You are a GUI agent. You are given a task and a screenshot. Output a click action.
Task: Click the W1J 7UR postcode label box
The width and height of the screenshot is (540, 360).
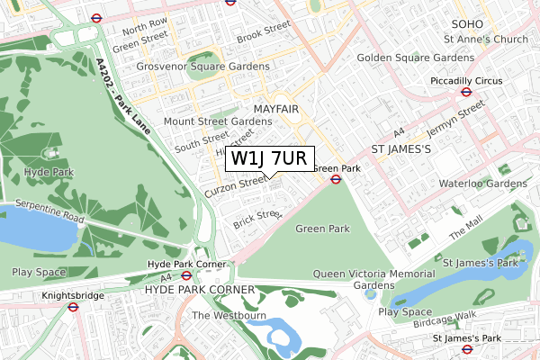pyautogui.click(x=271, y=159)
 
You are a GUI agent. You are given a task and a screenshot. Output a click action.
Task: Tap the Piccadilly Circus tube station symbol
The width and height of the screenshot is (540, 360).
pyautogui.click(x=467, y=91)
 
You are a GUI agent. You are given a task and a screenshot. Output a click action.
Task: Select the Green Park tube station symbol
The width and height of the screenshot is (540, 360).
pyautogui.click(x=335, y=179)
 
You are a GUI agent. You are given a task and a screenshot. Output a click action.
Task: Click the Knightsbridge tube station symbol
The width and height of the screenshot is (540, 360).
pyautogui.click(x=74, y=306)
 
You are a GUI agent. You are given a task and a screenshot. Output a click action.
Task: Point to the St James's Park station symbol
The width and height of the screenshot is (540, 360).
pyautogui.click(x=467, y=349)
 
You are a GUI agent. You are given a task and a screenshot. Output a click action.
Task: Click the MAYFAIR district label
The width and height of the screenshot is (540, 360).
pyautogui.click(x=275, y=109)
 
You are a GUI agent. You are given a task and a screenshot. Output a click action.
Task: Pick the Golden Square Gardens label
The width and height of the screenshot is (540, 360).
pyautogui.click(x=415, y=58)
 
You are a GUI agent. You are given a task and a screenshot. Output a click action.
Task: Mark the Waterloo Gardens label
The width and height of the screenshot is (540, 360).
pyautogui.click(x=482, y=184)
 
